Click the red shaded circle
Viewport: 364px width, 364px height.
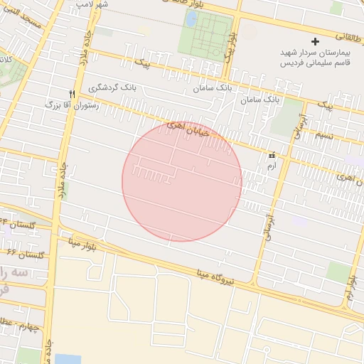pos(182,181)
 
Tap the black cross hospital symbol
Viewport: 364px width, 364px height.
pos(316,42)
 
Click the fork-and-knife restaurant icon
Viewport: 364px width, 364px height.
pos(72,95)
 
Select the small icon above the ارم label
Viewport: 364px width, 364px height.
pos(271,154)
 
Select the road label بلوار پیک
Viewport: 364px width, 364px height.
pos(229,46)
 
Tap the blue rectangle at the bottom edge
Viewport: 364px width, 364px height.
pos(68,358)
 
